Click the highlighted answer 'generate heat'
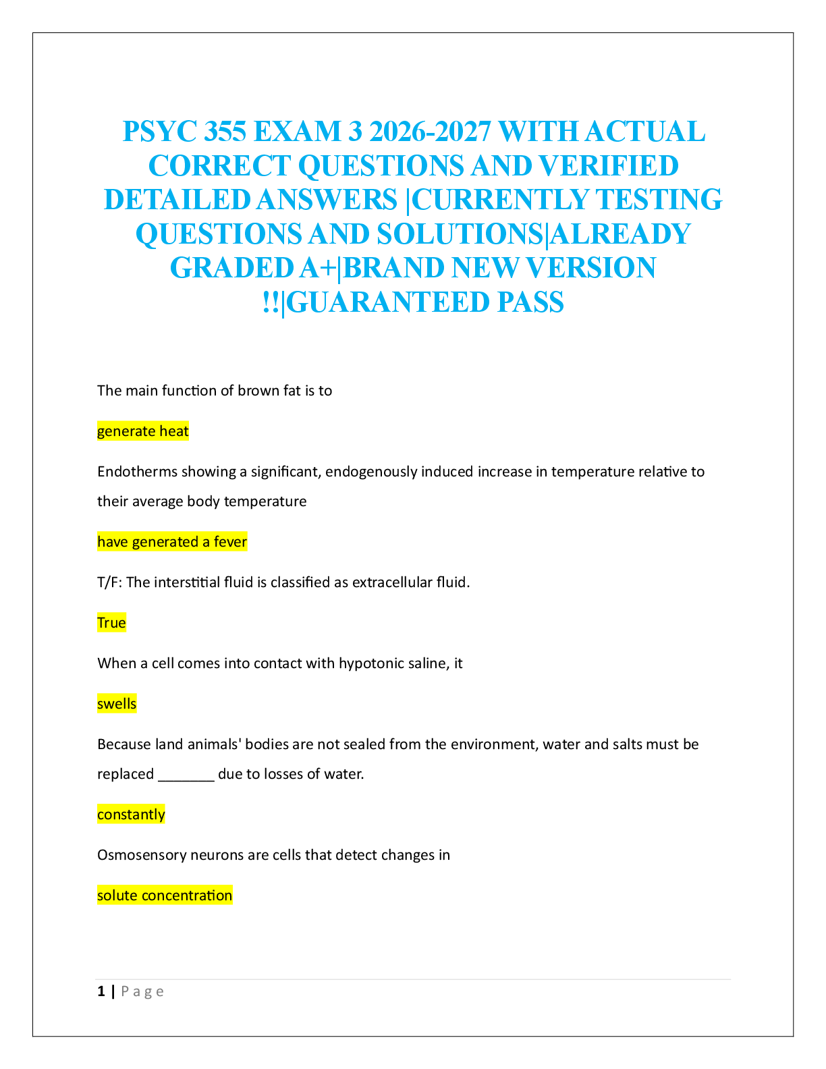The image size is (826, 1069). pos(142,431)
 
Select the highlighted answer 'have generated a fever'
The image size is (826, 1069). pos(172,542)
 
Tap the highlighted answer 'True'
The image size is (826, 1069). pos(111,623)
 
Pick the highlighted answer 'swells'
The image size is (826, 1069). pos(117,704)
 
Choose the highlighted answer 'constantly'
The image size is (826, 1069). pos(131,815)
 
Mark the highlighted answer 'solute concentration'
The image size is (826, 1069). pos(165,896)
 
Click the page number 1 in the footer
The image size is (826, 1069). pos(101,991)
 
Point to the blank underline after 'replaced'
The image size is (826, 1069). pos(186,775)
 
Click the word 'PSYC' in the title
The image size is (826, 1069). pos(159,132)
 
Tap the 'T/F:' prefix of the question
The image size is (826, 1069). pos(109,582)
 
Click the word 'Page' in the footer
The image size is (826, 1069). pos(142,991)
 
